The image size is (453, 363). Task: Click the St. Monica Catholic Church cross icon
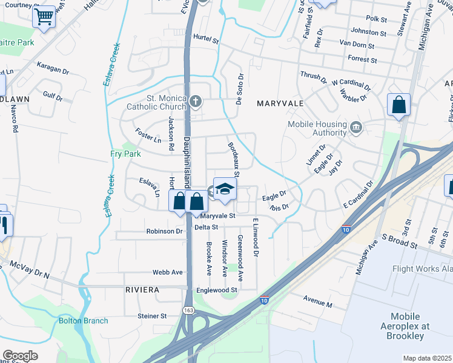tap(195, 101)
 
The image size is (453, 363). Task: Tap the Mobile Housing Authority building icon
tap(356, 127)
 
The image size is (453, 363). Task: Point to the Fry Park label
tap(125, 154)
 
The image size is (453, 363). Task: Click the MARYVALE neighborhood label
tap(280, 103)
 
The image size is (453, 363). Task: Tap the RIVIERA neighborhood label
tap(142, 290)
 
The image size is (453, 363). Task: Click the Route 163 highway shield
tap(189, 310)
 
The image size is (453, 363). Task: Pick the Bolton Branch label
tap(84, 321)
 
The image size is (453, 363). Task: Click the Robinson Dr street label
tap(164, 231)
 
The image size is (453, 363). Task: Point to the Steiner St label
tap(152, 316)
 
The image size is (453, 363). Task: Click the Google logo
tap(20, 356)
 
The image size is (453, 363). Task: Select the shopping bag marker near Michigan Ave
tap(399, 105)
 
